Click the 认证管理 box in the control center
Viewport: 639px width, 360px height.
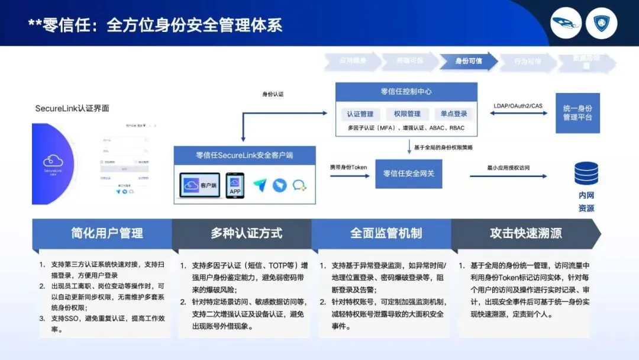(360, 114)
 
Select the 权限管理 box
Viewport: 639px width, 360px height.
(406, 114)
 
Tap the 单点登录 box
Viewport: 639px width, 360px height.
(454, 114)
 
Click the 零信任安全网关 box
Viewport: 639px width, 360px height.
(408, 173)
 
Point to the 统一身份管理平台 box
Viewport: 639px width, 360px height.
(577, 112)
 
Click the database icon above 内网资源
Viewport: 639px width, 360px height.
(586, 173)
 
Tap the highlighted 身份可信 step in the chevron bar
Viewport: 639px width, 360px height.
(468, 61)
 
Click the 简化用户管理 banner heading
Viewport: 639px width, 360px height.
(107, 233)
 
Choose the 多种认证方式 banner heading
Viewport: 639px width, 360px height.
(246, 233)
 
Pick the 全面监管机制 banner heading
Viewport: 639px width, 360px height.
(386, 233)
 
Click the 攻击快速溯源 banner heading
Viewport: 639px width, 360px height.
(525, 233)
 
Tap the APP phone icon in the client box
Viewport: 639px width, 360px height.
(235, 185)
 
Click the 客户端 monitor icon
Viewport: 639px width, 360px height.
(200, 185)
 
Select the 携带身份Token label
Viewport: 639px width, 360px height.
(348, 168)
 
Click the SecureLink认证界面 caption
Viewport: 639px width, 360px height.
(72, 108)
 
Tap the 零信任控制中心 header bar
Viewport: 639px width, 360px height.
(406, 92)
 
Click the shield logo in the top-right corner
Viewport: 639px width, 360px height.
(605, 23)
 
